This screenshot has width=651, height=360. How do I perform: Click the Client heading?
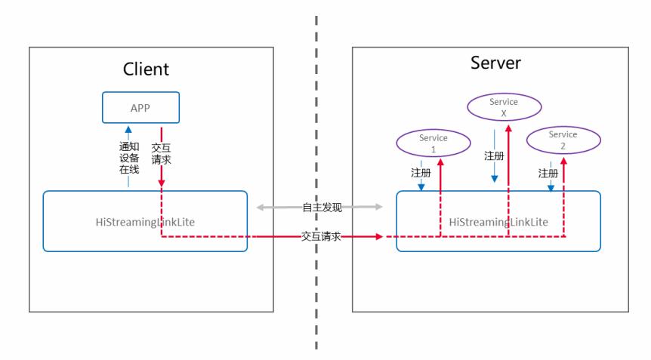click(x=146, y=69)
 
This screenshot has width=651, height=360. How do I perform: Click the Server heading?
click(x=495, y=63)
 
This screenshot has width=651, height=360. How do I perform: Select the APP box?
click(x=140, y=108)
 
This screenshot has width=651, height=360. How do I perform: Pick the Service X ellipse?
click(x=503, y=106)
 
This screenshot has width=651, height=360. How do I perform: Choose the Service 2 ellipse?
click(x=563, y=140)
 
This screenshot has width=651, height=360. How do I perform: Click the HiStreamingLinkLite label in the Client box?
click(x=144, y=222)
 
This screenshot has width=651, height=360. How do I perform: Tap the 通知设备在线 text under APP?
click(x=129, y=159)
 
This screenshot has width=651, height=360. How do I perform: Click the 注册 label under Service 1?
click(x=421, y=174)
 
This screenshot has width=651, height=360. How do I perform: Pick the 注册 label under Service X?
click(x=494, y=156)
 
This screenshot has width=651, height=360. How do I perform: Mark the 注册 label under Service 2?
click(x=548, y=174)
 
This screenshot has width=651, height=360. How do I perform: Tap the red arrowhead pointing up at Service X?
click(x=509, y=129)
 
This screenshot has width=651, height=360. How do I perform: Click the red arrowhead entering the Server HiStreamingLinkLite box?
click(x=379, y=237)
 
